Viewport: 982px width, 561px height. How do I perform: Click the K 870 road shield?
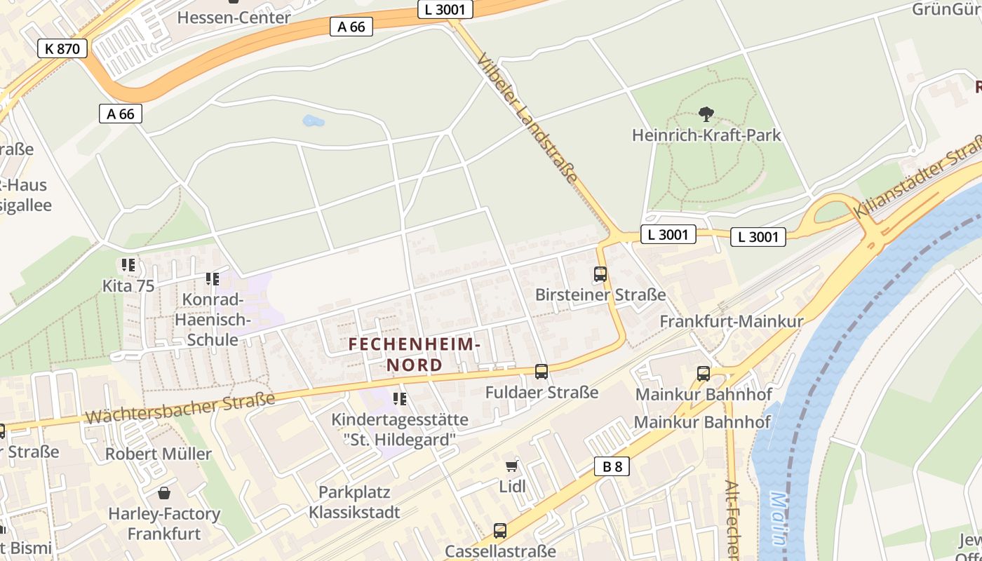(62, 48)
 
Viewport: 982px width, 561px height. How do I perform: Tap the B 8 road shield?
(612, 466)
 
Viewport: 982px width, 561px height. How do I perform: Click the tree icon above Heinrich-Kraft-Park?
(706, 114)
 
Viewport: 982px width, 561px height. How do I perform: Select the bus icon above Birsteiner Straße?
(600, 274)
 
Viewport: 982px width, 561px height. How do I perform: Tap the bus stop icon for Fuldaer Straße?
(541, 372)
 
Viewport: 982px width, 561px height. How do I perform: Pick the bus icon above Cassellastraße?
(499, 531)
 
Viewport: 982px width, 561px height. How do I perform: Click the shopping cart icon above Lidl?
(512, 466)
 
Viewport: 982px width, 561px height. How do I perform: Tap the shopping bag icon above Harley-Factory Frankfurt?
(163, 493)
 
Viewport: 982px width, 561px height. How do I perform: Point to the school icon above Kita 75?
(128, 265)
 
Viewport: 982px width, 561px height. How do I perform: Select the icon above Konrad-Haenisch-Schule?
(212, 279)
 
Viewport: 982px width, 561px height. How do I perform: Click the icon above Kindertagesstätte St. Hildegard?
(400, 399)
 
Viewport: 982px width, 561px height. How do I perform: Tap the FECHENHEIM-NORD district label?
(415, 355)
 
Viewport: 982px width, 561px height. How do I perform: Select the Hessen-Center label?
(234, 17)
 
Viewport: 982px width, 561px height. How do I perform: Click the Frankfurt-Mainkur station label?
(731, 321)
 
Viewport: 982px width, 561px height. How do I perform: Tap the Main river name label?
(779, 519)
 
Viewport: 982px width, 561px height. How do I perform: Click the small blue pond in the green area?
(313, 121)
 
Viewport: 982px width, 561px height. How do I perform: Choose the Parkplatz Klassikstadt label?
(354, 502)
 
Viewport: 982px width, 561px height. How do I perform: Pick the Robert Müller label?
(158, 454)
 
